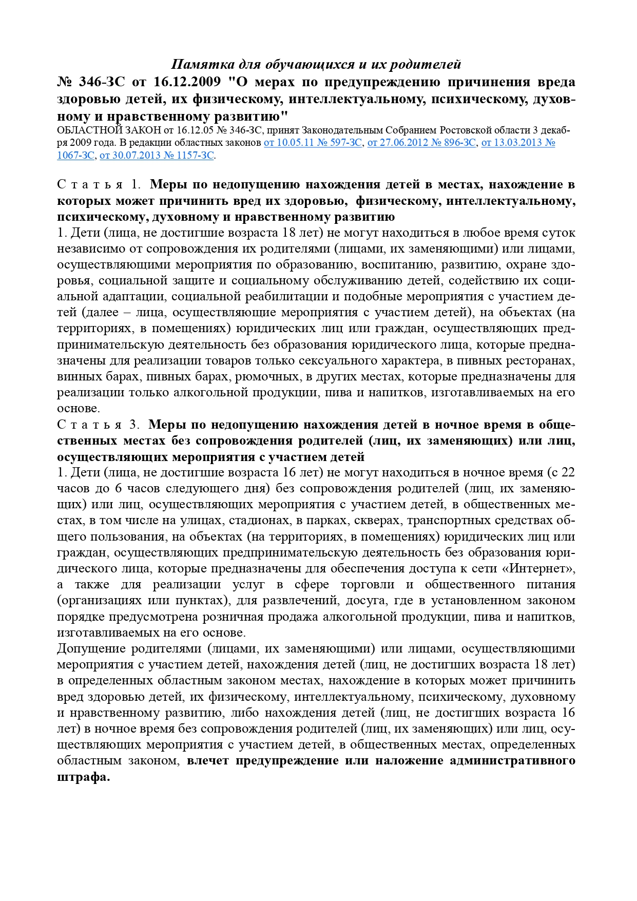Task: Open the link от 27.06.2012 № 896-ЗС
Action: click(x=421, y=143)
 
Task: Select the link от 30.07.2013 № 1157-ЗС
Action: click(x=157, y=155)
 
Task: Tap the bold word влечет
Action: click(x=208, y=761)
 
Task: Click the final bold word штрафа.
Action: click(x=83, y=777)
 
